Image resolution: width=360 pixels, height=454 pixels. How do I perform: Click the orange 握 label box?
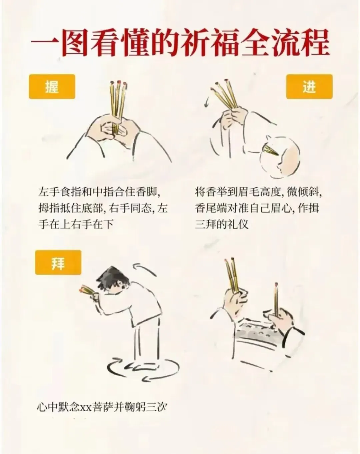tap(52, 87)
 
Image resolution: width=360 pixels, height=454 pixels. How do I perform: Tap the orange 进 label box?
tap(309, 87)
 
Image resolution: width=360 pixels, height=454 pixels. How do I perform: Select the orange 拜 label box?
tap(58, 262)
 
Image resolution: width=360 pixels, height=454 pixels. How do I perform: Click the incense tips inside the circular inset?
tap(270, 150)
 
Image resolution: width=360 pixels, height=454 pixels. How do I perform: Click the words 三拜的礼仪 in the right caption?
tap(222, 224)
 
